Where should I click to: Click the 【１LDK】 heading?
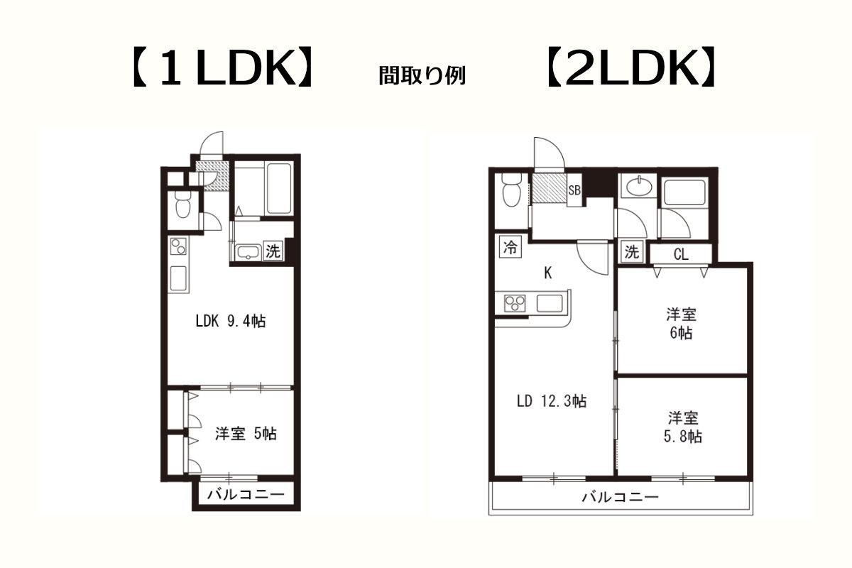point(222,67)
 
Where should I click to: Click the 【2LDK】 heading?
point(631,67)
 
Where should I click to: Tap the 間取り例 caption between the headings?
point(422,75)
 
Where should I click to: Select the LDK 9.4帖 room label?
point(231,321)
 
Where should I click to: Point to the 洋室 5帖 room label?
point(246,434)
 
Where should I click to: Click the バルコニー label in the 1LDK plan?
point(246,495)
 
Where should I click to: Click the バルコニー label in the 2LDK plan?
point(620,497)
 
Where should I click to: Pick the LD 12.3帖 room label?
point(552,401)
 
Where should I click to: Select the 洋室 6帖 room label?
point(681,323)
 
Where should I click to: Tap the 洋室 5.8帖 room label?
point(683,427)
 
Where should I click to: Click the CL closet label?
point(681,254)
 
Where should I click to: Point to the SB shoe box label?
point(574,190)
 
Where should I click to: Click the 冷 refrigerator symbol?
point(510,247)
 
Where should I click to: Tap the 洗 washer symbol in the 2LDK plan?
point(631,251)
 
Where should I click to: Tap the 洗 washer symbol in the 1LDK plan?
point(273,251)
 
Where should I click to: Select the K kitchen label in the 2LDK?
point(547,273)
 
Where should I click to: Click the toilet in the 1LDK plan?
point(183,204)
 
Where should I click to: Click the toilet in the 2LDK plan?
point(511,190)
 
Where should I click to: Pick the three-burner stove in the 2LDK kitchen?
point(515,304)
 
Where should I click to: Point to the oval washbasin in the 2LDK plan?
point(639,187)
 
